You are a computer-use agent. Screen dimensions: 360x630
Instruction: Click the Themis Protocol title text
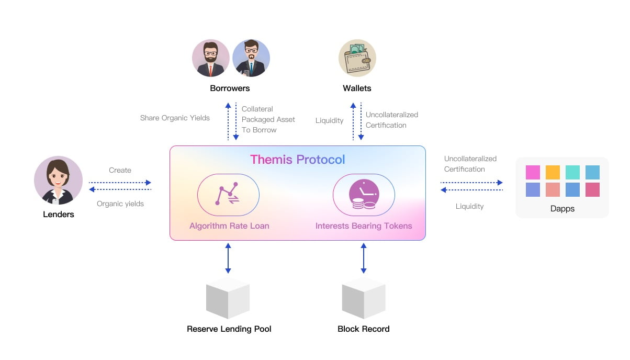coord(297,159)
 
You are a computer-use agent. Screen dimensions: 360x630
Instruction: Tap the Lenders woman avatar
coord(58,180)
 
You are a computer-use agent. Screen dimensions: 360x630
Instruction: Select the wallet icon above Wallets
coord(357,58)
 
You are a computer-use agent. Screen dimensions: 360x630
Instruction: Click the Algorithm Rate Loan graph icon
coord(228,194)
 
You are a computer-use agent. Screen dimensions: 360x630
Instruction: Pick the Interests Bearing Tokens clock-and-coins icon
coord(364,194)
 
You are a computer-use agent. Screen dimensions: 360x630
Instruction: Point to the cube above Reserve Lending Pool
coord(228,298)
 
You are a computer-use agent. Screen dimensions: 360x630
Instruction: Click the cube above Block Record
coord(364,298)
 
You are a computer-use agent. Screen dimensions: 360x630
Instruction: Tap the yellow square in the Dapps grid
coord(553,172)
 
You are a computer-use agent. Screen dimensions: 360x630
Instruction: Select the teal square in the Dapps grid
coord(572,172)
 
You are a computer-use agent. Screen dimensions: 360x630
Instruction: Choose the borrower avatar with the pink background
coord(211,58)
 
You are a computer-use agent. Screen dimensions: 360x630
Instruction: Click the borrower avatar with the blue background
coord(251,58)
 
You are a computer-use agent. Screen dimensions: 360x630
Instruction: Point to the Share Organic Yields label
coord(175,118)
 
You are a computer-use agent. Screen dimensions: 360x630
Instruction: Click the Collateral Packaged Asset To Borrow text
coord(268,119)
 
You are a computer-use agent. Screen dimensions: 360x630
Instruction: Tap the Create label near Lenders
coord(120,170)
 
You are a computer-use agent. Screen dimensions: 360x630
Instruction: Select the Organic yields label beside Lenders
coord(120,204)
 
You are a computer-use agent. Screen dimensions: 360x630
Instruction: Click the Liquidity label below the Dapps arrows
coord(469,206)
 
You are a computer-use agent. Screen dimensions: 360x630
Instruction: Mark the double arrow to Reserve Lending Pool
coord(228,258)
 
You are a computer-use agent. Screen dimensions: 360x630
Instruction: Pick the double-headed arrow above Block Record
coord(364,258)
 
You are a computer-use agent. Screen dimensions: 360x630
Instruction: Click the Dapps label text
coord(562,208)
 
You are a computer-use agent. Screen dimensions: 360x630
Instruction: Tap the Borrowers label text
coord(230,88)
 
